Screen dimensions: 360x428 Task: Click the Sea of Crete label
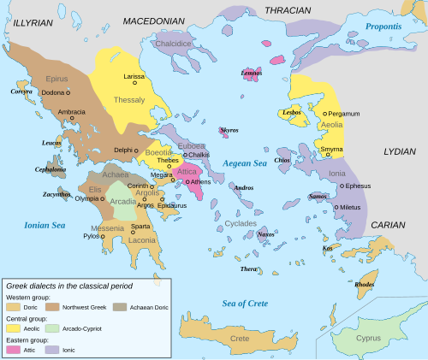245,303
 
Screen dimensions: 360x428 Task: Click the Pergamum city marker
324,113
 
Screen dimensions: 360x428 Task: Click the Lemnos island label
252,74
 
